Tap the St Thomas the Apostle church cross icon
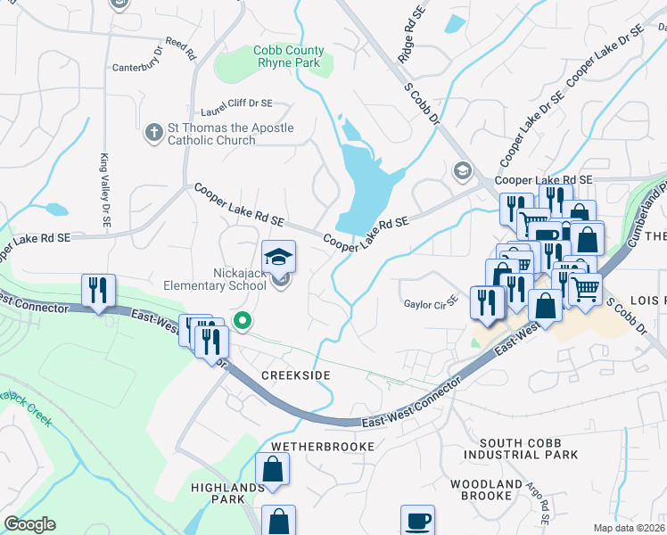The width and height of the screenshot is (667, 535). (153, 133)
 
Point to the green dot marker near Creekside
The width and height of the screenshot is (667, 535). (241, 320)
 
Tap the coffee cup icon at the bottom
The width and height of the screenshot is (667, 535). (417, 520)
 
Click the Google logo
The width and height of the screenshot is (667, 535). (29, 524)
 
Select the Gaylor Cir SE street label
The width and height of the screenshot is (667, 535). (430, 302)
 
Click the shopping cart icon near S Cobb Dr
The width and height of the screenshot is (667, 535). (585, 289)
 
